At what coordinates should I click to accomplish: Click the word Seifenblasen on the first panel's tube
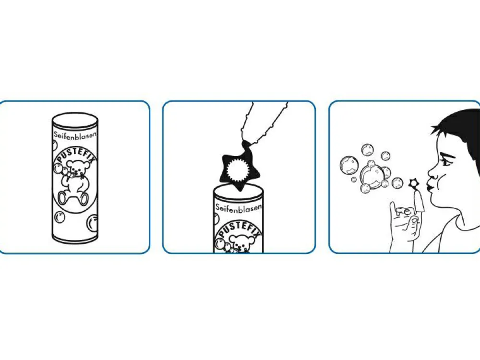(76, 135)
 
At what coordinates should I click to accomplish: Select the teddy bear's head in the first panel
(78, 168)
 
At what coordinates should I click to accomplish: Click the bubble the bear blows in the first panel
(58, 168)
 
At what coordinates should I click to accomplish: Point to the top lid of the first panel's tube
(75, 118)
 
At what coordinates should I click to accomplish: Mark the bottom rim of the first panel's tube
(75, 238)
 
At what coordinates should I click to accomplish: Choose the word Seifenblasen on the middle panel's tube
(239, 207)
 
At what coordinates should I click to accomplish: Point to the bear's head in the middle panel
(240, 242)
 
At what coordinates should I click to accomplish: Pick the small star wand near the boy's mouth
(414, 184)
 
